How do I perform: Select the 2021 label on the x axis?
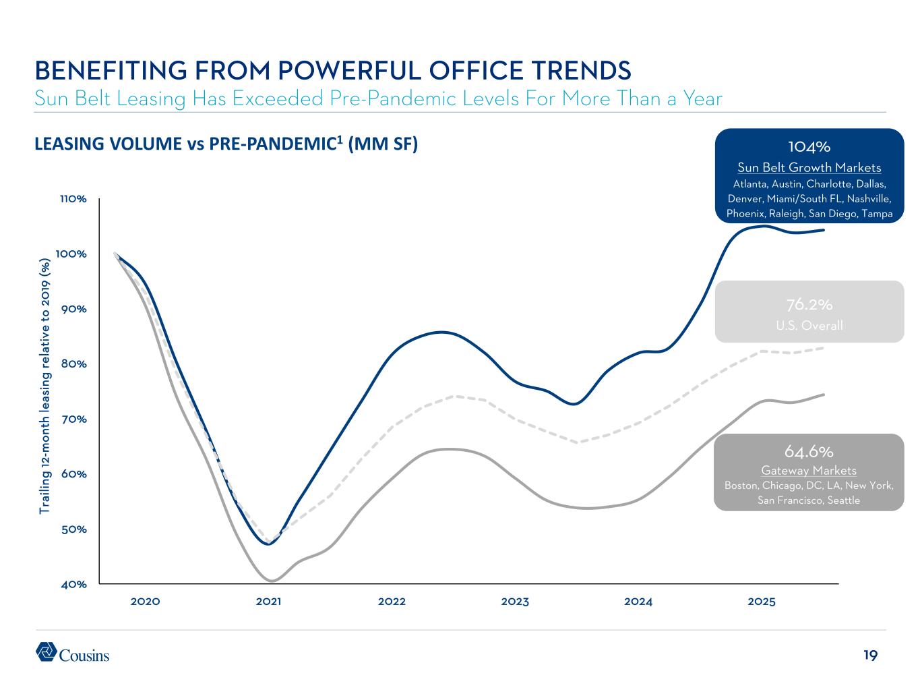[x=268, y=602]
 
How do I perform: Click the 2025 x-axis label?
[x=762, y=602]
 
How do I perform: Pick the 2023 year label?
[x=515, y=602]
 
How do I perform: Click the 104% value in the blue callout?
[x=809, y=146]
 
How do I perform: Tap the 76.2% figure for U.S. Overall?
[x=809, y=304]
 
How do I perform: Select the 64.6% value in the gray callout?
[x=809, y=451]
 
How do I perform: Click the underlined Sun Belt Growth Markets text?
[x=809, y=167]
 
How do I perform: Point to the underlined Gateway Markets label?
[x=809, y=470]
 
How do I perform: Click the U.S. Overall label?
[x=809, y=326]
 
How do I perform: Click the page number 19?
[x=870, y=655]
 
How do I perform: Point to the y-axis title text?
[x=44, y=384]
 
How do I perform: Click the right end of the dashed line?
[x=824, y=348]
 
